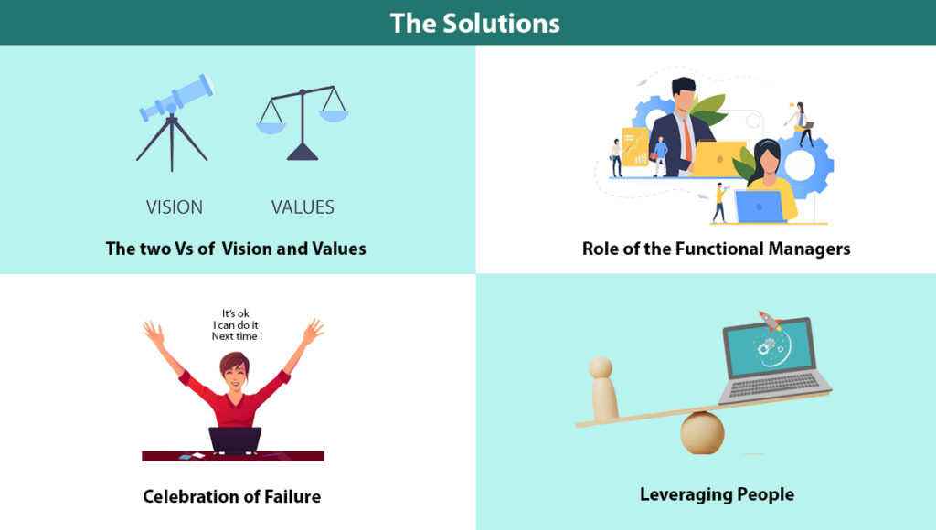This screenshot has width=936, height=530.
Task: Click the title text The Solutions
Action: (x=474, y=22)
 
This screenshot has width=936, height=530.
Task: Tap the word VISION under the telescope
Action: (x=175, y=207)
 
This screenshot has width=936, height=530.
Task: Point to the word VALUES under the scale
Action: (x=303, y=207)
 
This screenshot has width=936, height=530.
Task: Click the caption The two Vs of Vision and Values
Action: (x=236, y=249)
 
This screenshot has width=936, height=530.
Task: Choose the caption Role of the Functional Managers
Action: (x=716, y=249)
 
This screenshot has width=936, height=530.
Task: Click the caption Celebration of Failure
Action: (x=231, y=497)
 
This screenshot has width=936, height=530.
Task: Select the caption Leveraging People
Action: (x=717, y=495)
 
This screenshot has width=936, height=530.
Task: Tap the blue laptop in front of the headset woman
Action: (x=759, y=207)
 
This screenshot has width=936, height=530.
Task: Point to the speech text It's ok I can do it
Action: (x=236, y=324)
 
